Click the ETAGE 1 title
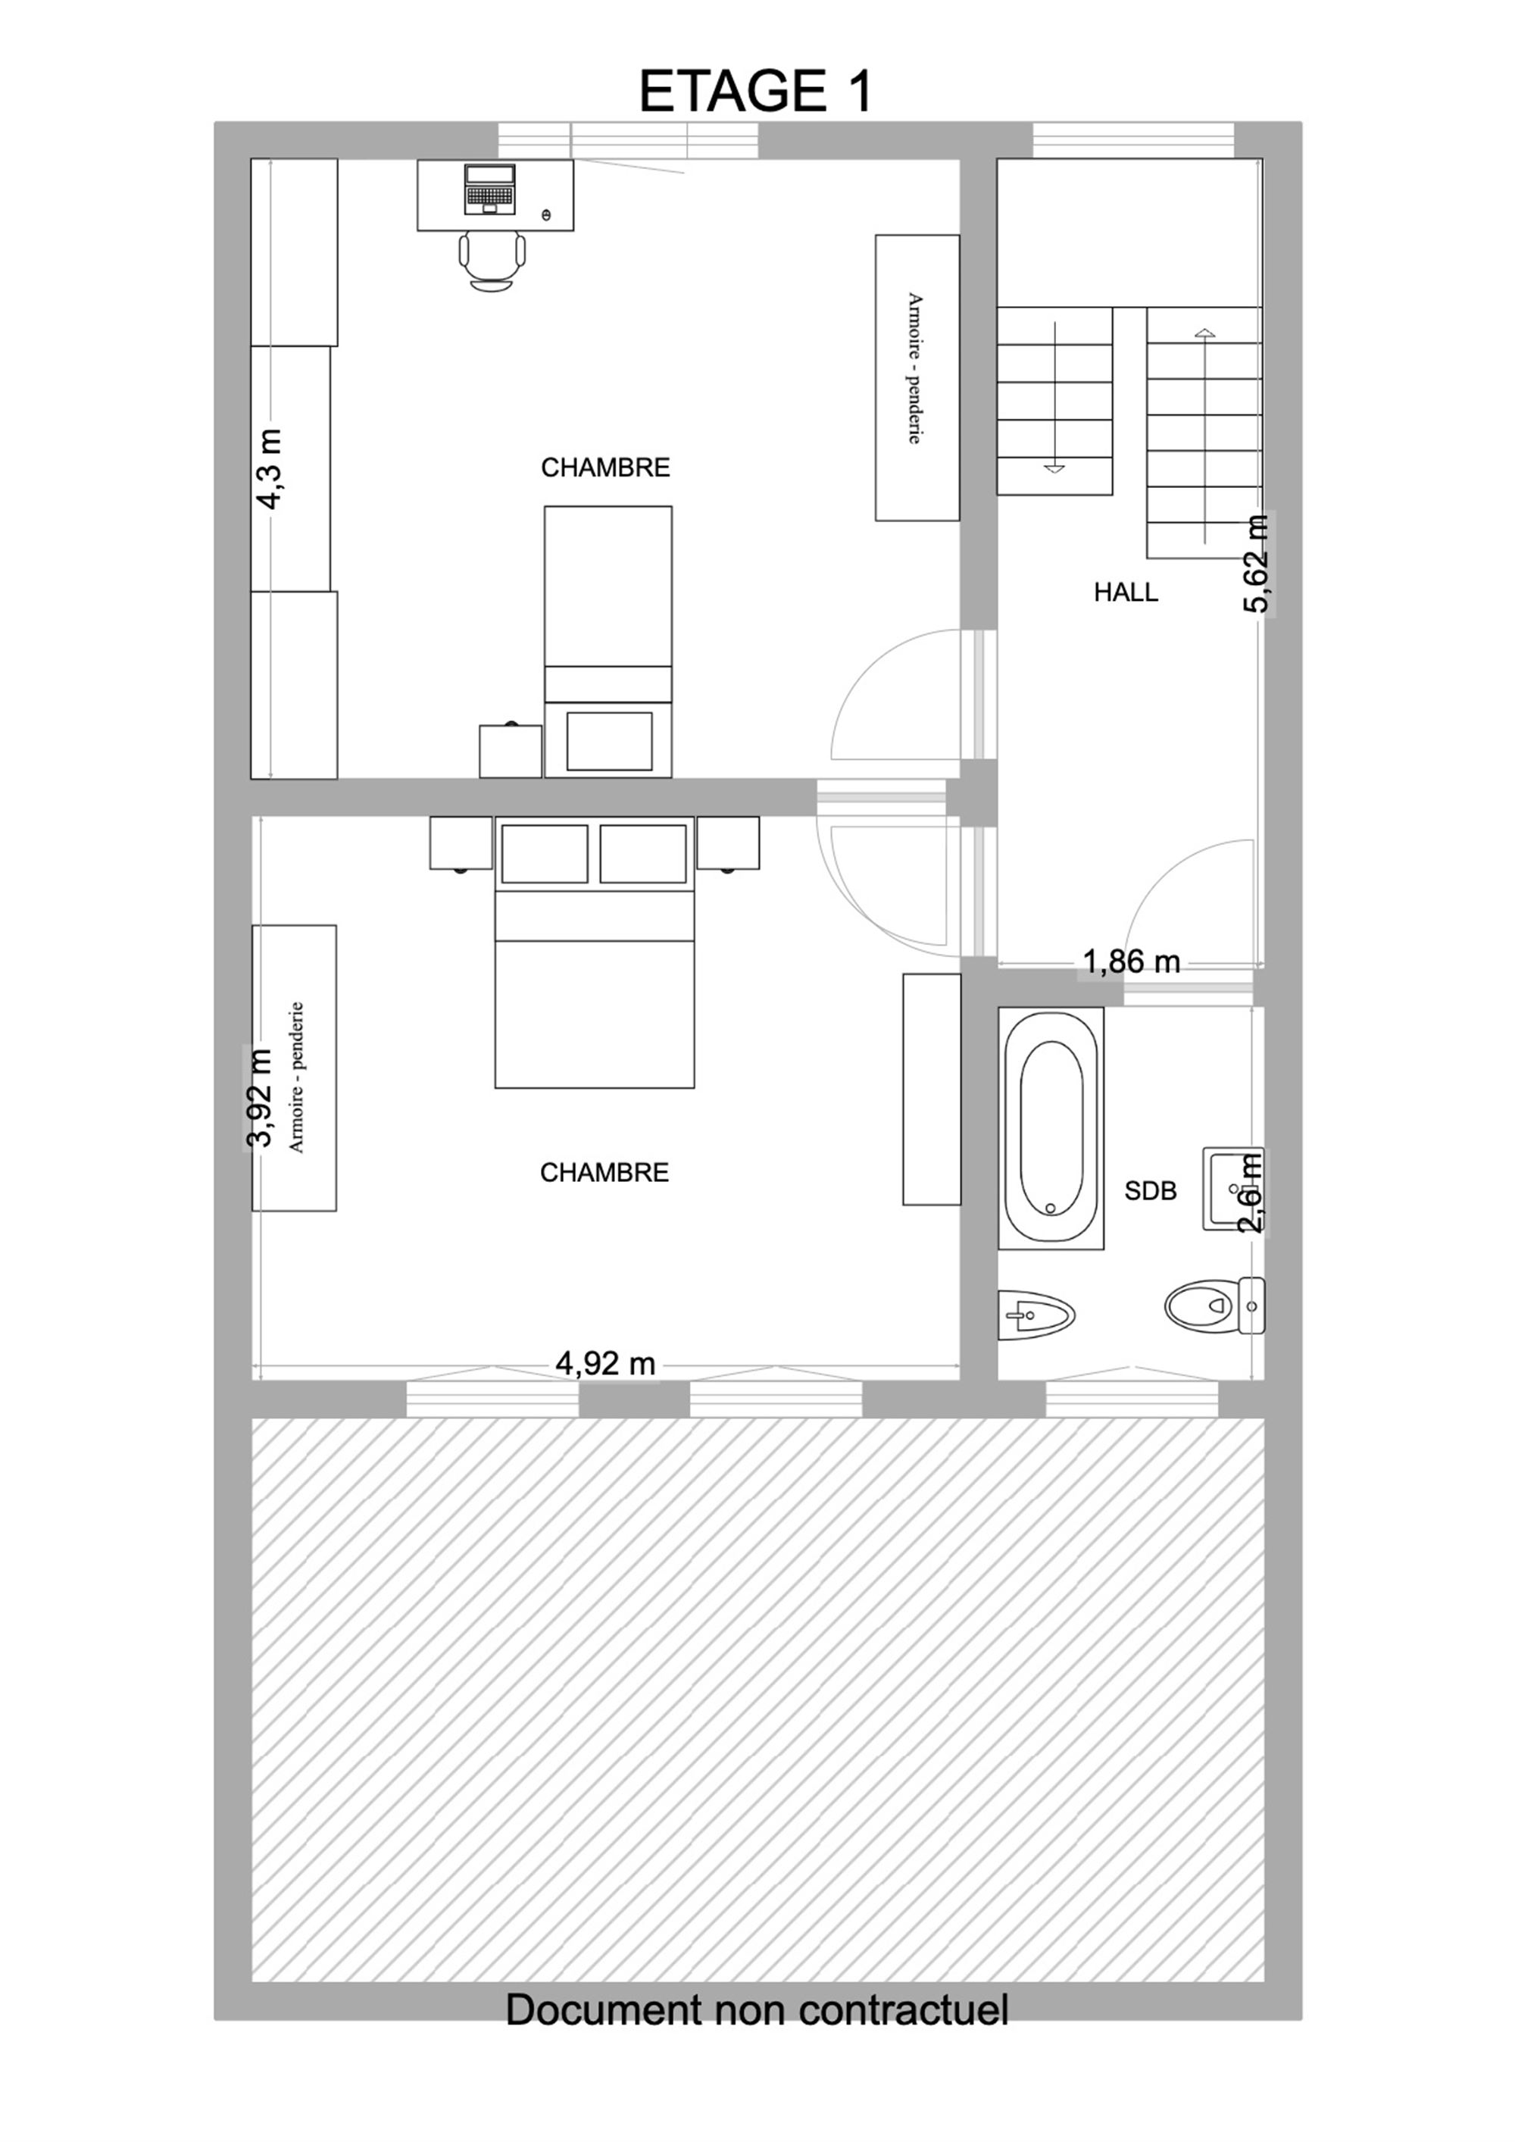[x=756, y=92]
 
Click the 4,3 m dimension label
[x=270, y=468]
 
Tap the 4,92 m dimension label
[x=605, y=1364]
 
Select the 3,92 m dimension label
[x=258, y=1098]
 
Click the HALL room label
[x=1126, y=592]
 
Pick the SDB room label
[x=1150, y=1190]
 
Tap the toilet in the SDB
[x=1214, y=1304]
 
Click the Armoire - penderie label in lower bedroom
[x=297, y=1077]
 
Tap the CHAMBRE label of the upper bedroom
[x=605, y=467]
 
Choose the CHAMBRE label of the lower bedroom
[x=604, y=1173]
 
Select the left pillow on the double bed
[x=545, y=852]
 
